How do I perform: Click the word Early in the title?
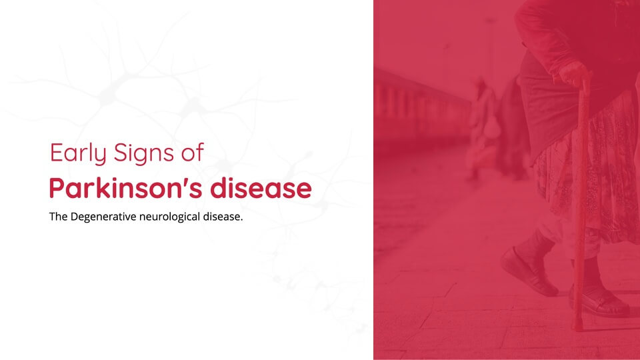(x=78, y=153)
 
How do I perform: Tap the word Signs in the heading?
(x=144, y=153)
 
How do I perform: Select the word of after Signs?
(x=192, y=152)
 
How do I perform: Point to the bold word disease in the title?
(x=261, y=188)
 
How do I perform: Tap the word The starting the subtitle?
(x=59, y=216)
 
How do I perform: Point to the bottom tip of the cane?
(x=577, y=328)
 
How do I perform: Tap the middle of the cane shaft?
(x=581, y=204)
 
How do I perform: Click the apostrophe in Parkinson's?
(x=189, y=182)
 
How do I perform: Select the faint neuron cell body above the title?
(x=107, y=95)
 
